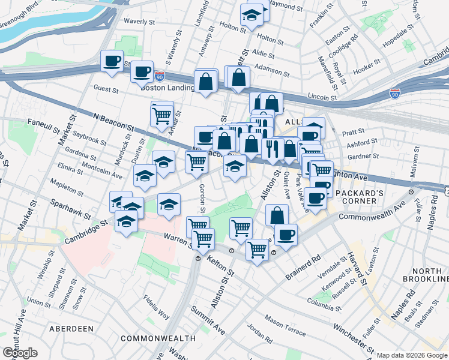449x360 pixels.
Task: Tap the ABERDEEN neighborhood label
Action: point(71,329)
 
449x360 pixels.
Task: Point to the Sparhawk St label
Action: point(71,209)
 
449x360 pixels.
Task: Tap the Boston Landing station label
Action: point(167,88)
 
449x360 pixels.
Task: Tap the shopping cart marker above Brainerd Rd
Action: point(257,248)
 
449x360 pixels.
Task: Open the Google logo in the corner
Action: point(19,352)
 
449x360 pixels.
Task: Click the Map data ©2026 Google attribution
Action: point(411,355)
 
